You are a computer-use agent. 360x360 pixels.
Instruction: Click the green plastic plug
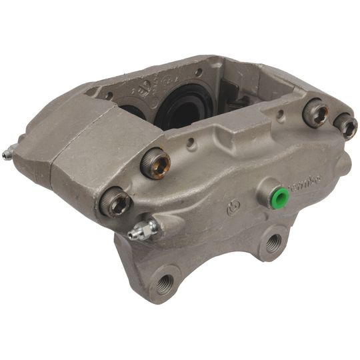pyautogui.click(x=281, y=197)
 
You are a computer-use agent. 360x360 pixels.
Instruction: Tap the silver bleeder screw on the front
pyautogui.click(x=142, y=231)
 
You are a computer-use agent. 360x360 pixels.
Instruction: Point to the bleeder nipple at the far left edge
pyautogui.click(x=7, y=155)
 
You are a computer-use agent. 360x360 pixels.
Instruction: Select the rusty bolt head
pyautogui.click(x=155, y=164)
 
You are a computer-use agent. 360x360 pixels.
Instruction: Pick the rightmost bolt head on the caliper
pyautogui.click(x=346, y=125)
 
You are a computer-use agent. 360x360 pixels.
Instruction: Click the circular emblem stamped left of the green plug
pyautogui.click(x=233, y=209)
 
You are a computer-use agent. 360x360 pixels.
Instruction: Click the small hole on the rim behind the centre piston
pyautogui.click(x=198, y=73)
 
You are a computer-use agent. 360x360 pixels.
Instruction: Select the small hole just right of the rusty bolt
pyautogui.click(x=191, y=142)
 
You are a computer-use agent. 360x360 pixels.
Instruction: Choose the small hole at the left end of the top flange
pyautogui.click(x=108, y=96)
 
